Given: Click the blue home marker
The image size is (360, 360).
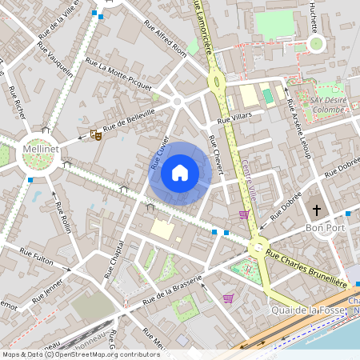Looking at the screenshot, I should (180, 173).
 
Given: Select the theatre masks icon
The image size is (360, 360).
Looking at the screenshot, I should (96, 135).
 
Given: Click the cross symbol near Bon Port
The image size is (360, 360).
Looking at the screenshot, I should (317, 210).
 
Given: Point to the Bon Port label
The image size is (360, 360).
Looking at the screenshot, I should (324, 229).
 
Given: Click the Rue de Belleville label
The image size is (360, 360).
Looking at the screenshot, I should (127, 122).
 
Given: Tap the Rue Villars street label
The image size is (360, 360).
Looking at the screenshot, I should (235, 118).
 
